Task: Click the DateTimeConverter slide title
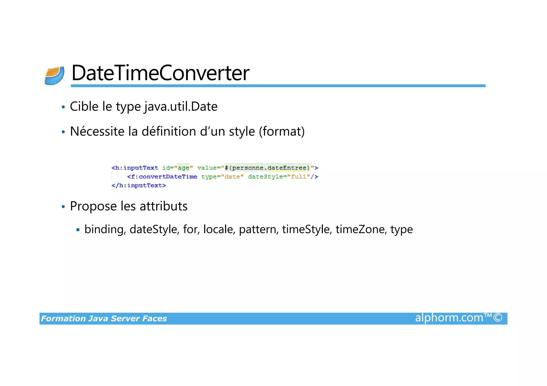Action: (x=160, y=73)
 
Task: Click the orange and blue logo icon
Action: (x=54, y=76)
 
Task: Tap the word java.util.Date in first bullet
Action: (x=181, y=107)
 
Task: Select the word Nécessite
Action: (x=97, y=132)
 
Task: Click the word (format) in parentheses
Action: (x=282, y=132)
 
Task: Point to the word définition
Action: (x=169, y=132)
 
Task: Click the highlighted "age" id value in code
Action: (x=183, y=168)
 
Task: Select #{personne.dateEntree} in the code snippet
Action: (x=267, y=168)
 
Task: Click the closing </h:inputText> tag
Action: (x=139, y=185)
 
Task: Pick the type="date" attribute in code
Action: (x=222, y=177)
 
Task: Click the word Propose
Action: (x=93, y=206)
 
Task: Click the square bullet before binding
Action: (x=78, y=230)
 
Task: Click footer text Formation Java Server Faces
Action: (x=104, y=319)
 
